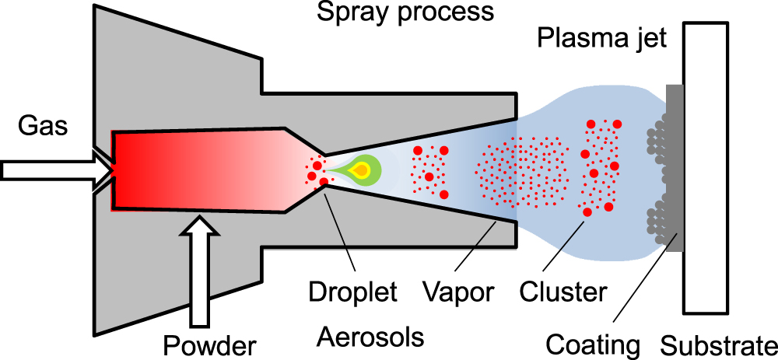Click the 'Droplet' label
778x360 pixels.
352,292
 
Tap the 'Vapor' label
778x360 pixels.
459,292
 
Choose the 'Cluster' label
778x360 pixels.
562,292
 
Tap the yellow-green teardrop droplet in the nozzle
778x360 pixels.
362,170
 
